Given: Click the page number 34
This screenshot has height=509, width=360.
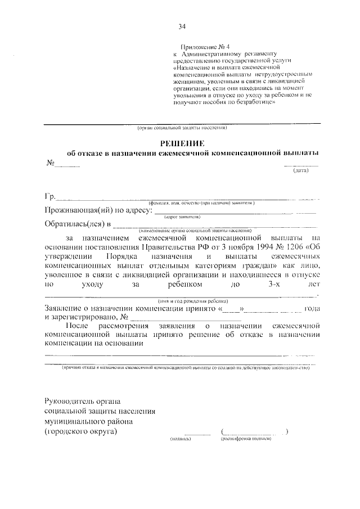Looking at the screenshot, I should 182,26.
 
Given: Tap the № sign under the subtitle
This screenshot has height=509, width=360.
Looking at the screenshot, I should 49,163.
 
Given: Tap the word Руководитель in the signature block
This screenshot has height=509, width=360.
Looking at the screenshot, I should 70,401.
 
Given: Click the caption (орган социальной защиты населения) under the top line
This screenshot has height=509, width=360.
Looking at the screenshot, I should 182,128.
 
